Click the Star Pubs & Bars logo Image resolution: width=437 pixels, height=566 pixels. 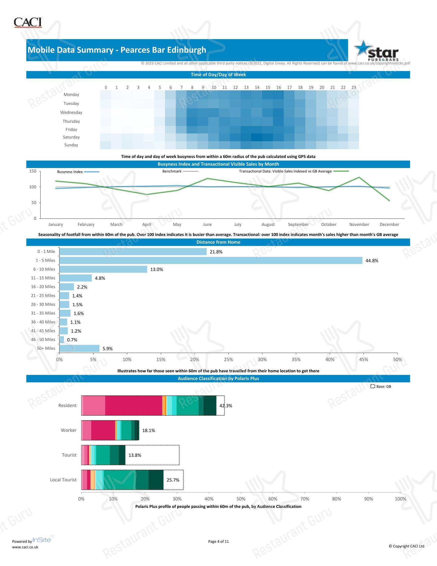376,51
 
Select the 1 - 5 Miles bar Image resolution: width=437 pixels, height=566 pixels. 211,260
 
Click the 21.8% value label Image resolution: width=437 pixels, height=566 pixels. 216,252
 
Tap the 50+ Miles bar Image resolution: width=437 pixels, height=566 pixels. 79,348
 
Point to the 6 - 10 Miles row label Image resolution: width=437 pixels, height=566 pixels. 44,269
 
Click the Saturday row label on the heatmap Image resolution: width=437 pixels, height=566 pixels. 71,137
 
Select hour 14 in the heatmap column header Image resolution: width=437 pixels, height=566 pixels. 257,87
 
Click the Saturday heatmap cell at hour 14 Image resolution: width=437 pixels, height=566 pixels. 257,137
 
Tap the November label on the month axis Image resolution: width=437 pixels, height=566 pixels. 359,224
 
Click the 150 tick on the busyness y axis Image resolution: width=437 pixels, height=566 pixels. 33,171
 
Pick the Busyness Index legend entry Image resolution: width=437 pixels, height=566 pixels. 78,172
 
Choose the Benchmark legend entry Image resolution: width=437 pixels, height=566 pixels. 180,171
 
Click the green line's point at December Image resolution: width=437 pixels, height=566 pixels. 389,201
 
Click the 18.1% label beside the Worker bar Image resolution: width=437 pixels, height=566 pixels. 149,430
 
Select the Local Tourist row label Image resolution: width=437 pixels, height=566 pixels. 63,480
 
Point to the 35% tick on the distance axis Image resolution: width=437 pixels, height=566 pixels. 296,359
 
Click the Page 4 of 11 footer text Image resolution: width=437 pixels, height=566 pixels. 219,541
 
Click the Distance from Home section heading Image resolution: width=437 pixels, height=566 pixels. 218,242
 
